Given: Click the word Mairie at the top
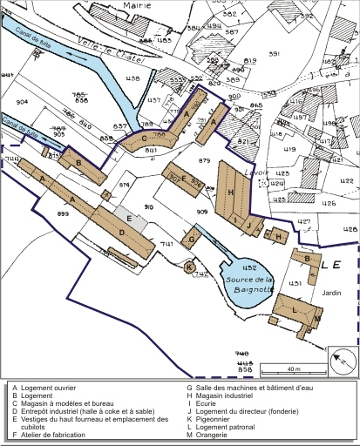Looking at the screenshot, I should pos(137,5).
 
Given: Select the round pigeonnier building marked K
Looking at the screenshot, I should pos(190,267).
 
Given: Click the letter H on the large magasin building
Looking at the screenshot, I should pos(230,192).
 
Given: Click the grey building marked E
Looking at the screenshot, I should pos(131,218).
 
